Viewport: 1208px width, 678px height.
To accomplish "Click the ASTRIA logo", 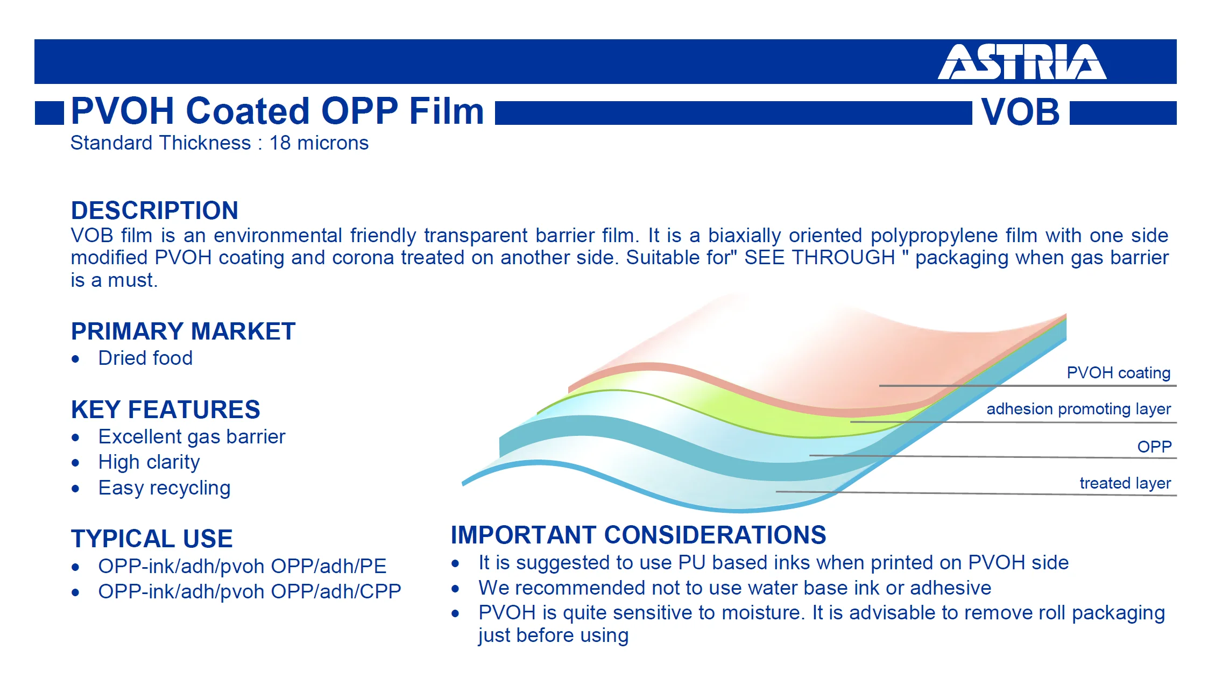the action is coord(1022,62).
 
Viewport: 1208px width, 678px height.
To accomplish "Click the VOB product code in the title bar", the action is coord(1020,112).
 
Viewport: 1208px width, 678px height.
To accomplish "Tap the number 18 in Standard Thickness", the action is coord(280,143).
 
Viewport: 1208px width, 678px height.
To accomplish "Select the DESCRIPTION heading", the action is coord(154,210).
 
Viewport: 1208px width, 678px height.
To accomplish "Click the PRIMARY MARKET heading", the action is coord(183,331).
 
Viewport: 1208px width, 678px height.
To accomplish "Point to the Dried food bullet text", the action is coord(145,358).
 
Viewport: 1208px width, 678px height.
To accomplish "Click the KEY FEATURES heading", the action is coord(166,409).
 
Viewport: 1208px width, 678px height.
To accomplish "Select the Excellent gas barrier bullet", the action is coord(192,437).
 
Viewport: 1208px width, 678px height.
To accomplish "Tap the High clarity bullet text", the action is coord(149,462).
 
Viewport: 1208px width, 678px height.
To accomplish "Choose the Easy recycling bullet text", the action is coord(164,488).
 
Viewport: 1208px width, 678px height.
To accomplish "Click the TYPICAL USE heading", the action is coord(152,539).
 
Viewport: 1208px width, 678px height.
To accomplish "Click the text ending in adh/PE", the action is coord(242,567).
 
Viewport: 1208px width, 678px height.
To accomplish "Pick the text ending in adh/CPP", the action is coord(250,592).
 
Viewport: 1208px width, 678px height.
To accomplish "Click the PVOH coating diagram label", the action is coord(1119,373).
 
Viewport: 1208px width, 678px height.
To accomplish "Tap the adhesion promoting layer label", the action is coord(1079,409).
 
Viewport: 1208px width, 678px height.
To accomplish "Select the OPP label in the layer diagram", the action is coord(1154,447).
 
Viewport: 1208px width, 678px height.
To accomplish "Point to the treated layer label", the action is coord(1125,483).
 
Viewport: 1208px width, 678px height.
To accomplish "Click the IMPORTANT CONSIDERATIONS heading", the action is coord(638,535).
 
